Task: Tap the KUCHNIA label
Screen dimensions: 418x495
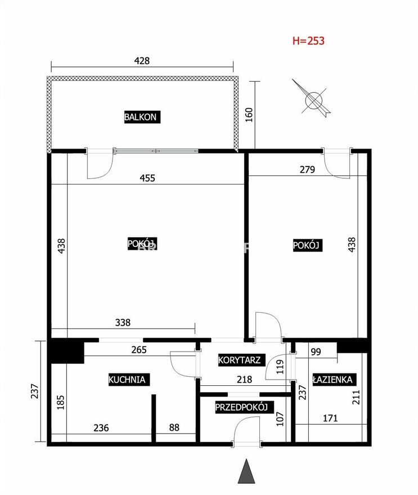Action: pos(127,380)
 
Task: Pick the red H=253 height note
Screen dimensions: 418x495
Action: pos(308,40)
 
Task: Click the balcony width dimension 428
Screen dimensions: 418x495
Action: pos(142,61)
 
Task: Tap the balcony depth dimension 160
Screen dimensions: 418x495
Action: pos(249,115)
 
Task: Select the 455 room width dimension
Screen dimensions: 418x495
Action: pos(147,178)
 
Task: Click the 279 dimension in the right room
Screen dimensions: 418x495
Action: pos(307,169)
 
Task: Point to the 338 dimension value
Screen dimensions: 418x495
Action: pos(123,322)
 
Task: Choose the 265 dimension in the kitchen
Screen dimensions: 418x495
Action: pos(139,350)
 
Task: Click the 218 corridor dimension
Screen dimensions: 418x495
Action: pos(244,379)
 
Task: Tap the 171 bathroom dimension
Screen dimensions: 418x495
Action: pos(330,418)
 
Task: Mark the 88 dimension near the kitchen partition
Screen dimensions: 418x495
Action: pos(174,427)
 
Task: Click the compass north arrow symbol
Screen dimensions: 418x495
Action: pos(312,98)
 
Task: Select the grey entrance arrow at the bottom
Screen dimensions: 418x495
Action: pos(246,471)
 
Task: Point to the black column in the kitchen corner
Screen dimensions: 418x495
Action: pos(66,351)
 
